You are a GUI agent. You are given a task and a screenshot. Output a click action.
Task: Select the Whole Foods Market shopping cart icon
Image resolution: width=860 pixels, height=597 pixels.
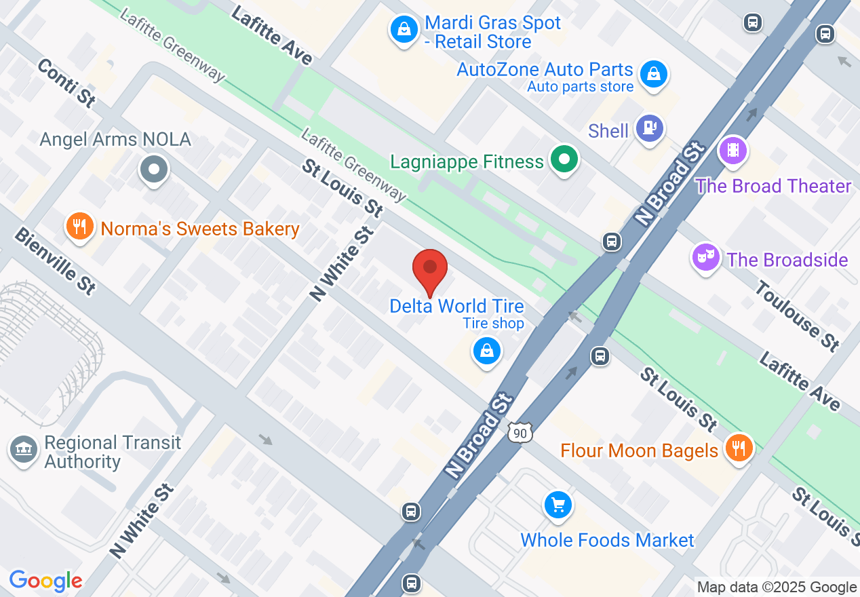[558, 505]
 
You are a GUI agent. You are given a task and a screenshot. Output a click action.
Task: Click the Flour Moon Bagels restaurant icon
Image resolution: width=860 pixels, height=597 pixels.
[738, 448]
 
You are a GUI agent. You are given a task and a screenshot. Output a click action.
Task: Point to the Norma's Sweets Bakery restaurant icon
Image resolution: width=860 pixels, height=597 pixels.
[80, 227]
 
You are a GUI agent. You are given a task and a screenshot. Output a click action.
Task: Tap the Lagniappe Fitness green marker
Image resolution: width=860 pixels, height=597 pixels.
[563, 161]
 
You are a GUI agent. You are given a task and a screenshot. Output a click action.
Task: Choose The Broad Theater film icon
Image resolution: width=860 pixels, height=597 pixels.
[732, 149]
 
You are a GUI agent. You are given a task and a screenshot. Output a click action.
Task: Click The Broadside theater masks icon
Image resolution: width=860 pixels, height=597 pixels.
[705, 257]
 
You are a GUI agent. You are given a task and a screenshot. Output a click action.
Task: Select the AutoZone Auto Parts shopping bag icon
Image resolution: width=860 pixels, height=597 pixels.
[653, 73]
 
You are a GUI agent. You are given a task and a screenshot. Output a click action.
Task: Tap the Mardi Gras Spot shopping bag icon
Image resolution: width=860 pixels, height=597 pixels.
[404, 30]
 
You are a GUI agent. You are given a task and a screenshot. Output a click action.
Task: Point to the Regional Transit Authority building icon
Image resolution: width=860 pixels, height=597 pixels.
[24, 450]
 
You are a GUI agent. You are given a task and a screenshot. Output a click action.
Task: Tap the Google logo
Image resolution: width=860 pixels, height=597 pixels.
[45, 581]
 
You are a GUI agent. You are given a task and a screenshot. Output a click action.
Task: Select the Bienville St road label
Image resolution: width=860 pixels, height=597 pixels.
[55, 261]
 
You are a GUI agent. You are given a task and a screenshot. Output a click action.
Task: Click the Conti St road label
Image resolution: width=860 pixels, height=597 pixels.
[66, 82]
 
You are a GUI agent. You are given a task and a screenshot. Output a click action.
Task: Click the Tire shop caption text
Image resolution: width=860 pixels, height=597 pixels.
[493, 324]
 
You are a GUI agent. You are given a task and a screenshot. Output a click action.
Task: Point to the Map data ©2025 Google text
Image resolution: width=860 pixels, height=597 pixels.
[777, 588]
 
